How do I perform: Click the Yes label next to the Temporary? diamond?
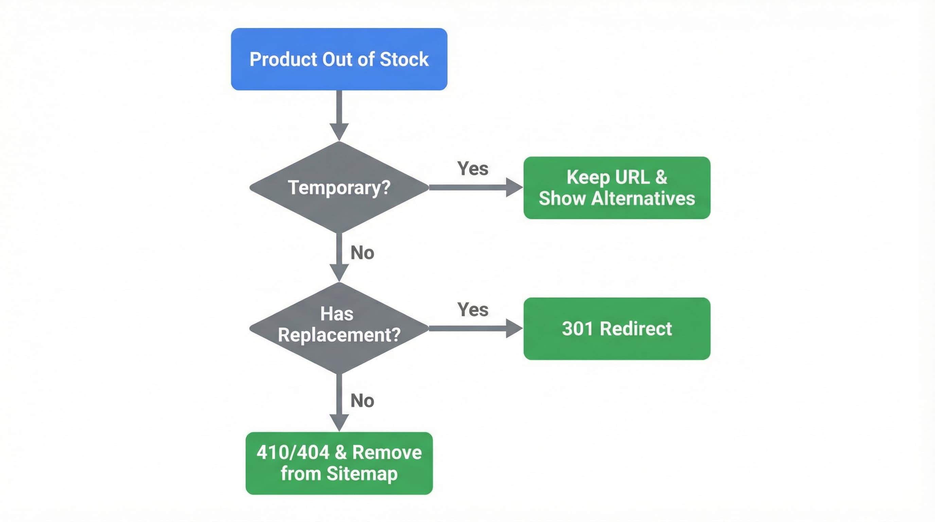pyautogui.click(x=473, y=169)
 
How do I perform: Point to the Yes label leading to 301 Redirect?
pyautogui.click(x=473, y=310)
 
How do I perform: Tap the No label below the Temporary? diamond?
pyautogui.click(x=362, y=253)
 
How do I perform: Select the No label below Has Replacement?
pyautogui.click(x=362, y=401)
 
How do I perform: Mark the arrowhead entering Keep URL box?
pyautogui.click(x=513, y=187)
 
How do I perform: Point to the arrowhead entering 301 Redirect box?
pyautogui.click(x=513, y=329)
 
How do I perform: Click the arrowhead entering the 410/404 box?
pyautogui.click(x=339, y=422)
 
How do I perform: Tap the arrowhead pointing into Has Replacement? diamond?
pyautogui.click(x=339, y=272)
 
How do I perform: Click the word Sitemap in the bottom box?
pyautogui.click(x=362, y=473)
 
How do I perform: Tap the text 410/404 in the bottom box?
pyautogui.click(x=293, y=453)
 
